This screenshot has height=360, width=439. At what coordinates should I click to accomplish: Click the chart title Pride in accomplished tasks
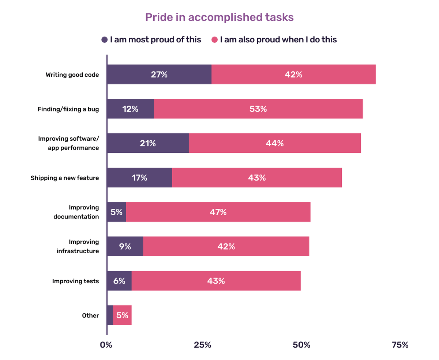click(x=219, y=17)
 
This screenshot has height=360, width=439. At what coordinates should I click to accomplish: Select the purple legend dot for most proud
click(x=105, y=40)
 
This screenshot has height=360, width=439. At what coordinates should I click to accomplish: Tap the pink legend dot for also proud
click(x=215, y=40)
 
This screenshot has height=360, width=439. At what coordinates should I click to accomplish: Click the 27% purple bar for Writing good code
click(x=159, y=75)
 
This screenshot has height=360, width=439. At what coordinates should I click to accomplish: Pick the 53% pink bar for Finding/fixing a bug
click(x=258, y=109)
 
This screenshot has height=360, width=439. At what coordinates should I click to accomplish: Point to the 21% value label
click(x=148, y=143)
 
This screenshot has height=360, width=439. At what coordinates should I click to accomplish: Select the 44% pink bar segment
click(x=275, y=143)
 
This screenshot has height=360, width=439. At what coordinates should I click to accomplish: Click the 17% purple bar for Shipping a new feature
click(x=139, y=178)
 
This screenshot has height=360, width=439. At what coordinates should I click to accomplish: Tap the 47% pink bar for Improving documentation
click(x=218, y=212)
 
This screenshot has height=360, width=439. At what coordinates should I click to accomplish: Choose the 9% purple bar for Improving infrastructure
click(x=125, y=246)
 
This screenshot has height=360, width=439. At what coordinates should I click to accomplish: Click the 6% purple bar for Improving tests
click(x=119, y=281)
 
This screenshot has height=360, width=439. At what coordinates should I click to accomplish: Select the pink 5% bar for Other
click(x=122, y=315)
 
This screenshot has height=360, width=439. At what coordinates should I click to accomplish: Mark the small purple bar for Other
click(x=110, y=315)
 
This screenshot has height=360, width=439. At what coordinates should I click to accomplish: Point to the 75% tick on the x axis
click(x=399, y=345)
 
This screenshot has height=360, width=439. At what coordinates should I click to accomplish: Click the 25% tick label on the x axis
click(x=202, y=345)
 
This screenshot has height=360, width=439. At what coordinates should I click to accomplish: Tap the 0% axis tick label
click(x=106, y=345)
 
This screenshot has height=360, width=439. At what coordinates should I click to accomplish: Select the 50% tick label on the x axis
click(x=301, y=345)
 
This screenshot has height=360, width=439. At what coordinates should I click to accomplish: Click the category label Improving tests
click(x=75, y=281)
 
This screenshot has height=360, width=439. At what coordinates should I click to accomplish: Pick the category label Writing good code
click(x=72, y=75)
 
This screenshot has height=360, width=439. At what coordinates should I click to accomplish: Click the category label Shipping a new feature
click(x=65, y=178)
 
